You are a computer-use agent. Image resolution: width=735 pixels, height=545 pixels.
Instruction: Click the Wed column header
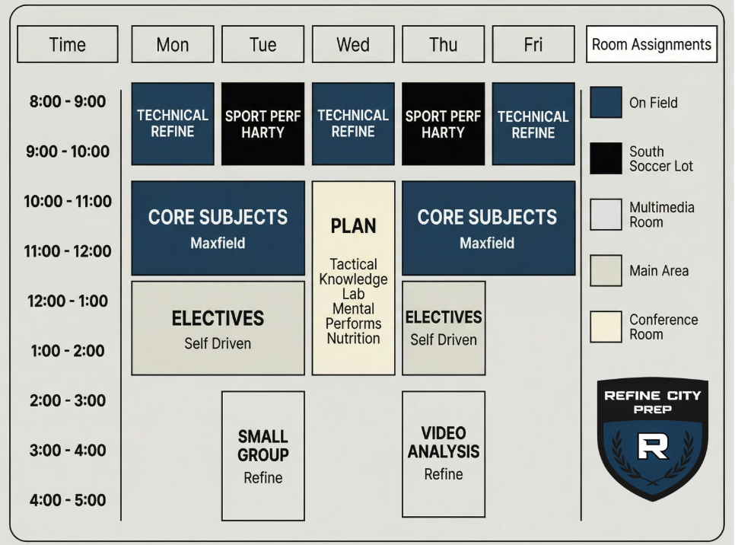tap(353, 44)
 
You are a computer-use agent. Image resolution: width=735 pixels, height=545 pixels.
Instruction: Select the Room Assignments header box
tap(651, 44)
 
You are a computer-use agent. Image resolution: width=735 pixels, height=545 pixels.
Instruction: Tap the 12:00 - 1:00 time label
tap(68, 301)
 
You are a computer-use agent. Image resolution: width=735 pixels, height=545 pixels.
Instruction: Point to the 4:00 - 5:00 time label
tap(68, 500)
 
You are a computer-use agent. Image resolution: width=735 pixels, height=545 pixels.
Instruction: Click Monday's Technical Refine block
tap(173, 123)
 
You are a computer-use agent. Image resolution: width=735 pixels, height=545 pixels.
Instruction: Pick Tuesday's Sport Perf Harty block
tap(262, 123)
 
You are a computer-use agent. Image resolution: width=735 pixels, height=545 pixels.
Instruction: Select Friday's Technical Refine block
tap(533, 123)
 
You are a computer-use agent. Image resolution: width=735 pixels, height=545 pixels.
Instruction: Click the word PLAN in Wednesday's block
tap(353, 226)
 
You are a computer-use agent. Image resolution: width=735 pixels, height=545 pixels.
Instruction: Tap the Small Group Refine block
tap(262, 455)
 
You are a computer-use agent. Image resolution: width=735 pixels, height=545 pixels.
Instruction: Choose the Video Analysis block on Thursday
tap(444, 454)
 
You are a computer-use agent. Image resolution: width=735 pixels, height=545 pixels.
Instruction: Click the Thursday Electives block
tap(444, 327)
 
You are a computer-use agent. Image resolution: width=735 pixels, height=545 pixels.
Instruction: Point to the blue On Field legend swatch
tap(606, 102)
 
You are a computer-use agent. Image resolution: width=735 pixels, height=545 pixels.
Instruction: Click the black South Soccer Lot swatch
tap(606, 158)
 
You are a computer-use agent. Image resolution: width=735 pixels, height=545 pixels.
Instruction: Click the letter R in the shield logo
tap(652, 446)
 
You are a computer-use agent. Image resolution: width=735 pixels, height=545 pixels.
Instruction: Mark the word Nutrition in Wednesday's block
tap(353, 338)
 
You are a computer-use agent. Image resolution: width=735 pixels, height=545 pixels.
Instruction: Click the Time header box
tap(68, 44)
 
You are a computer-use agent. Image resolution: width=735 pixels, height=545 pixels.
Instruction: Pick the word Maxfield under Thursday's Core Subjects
tap(487, 244)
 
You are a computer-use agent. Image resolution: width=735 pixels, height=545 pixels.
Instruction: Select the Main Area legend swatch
tap(606, 270)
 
